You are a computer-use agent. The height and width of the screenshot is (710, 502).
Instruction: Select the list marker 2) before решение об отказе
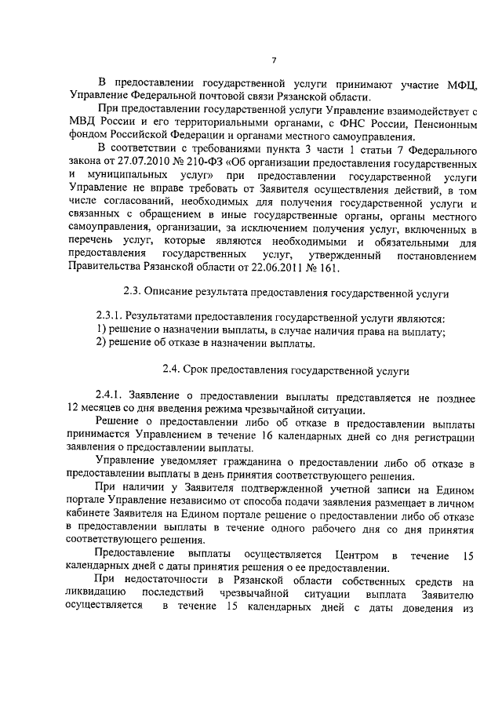point(100,343)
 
